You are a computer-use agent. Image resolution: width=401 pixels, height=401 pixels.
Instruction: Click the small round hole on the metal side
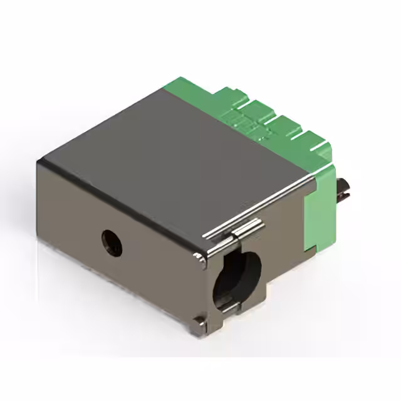click(x=112, y=242)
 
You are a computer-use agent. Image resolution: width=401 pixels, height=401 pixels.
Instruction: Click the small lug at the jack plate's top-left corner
click(x=198, y=259)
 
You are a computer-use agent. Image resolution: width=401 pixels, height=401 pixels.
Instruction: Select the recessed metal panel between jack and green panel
click(x=285, y=251)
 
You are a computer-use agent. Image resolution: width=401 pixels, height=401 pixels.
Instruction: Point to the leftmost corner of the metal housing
click(x=38, y=164)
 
